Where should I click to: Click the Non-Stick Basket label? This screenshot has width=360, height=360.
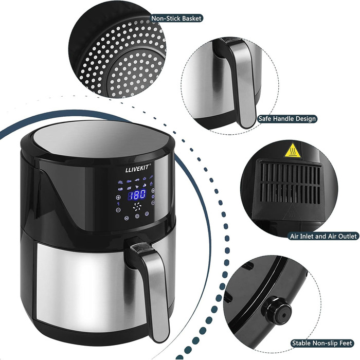point(176,19)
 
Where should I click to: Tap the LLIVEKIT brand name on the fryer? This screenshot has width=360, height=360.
point(137,168)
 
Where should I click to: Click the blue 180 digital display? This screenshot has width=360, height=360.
point(136,195)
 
